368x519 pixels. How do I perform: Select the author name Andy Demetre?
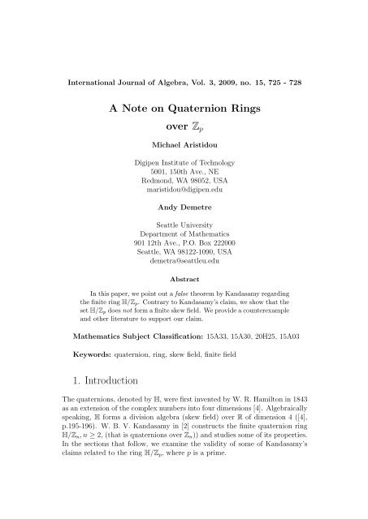[x=184, y=207]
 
